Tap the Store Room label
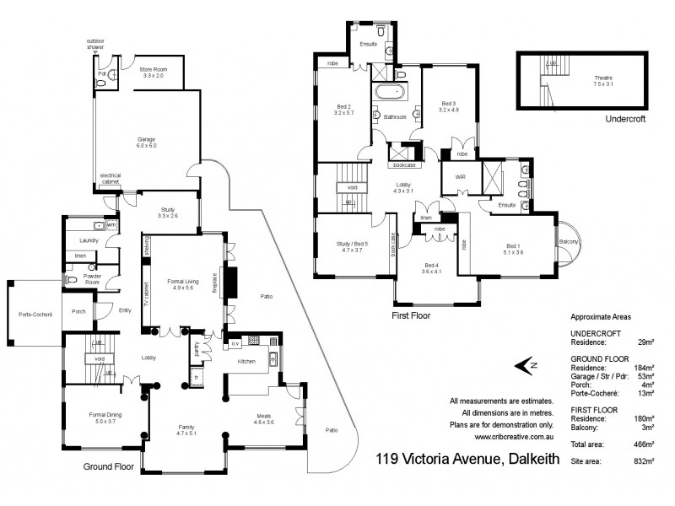click(152, 73)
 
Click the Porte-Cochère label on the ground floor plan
click(35, 315)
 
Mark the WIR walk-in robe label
click(459, 178)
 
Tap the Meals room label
click(265, 418)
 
